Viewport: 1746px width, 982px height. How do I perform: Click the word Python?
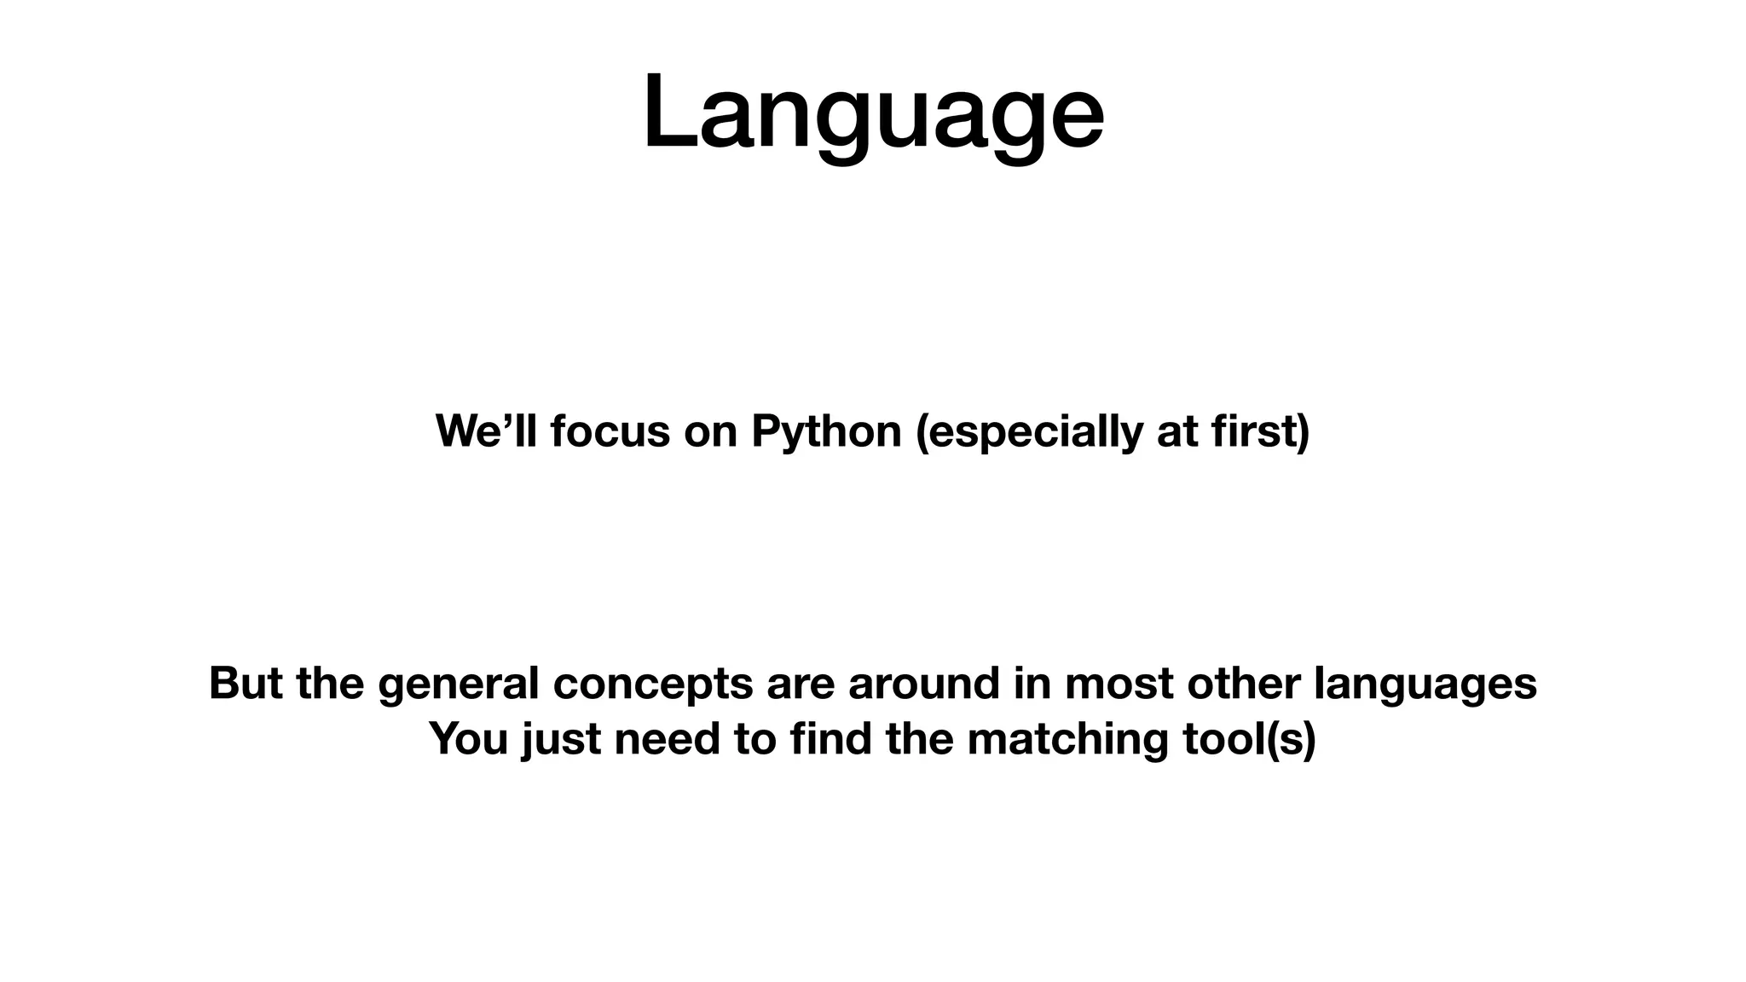[x=826, y=431]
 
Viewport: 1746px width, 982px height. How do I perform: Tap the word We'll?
[x=486, y=431]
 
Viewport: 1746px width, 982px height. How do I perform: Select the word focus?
[x=610, y=431]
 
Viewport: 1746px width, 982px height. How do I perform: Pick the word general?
[x=458, y=684]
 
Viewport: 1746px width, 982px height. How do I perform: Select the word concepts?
[x=652, y=684]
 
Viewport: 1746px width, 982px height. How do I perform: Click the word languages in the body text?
[x=1425, y=684]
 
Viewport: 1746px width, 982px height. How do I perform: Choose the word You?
[x=468, y=739]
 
